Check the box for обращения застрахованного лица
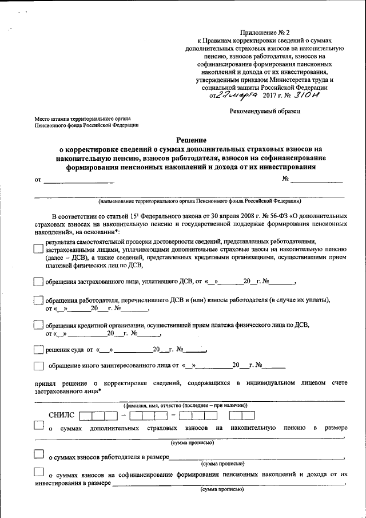point(38,282)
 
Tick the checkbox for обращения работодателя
point(38,300)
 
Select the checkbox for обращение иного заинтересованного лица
point(38,365)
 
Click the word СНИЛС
point(62,414)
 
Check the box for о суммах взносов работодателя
point(38,454)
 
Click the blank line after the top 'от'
point(79,181)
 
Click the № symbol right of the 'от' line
point(285,180)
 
